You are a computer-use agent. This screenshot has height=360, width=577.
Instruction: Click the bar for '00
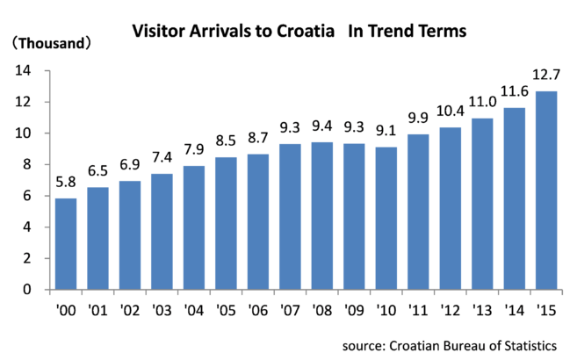click(66, 244)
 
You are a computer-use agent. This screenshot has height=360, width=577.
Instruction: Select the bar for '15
click(546, 191)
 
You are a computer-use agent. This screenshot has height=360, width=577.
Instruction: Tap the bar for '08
click(322, 216)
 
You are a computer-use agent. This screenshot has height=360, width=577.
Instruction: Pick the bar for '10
click(386, 219)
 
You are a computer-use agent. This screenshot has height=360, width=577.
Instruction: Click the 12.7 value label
click(546, 75)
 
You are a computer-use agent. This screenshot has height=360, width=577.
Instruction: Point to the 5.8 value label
click(66, 182)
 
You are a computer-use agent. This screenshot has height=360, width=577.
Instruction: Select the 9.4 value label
click(322, 126)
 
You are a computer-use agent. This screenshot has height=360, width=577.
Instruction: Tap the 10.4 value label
click(451, 111)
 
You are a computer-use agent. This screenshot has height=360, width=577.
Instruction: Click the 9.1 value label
click(386, 131)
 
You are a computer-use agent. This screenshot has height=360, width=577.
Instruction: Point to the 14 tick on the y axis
click(23, 70)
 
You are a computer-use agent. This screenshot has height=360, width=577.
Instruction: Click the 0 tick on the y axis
click(27, 290)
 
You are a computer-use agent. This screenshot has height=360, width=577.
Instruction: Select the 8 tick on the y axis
click(27, 164)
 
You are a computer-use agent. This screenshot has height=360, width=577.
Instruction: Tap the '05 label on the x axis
click(226, 310)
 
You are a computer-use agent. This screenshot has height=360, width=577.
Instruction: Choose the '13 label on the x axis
click(482, 310)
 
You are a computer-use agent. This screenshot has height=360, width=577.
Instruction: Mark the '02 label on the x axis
click(130, 310)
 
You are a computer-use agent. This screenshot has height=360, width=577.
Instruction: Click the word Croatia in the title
click(306, 31)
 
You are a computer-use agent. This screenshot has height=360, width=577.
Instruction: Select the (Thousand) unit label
click(51, 43)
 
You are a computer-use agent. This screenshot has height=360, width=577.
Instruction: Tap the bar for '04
click(194, 228)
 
